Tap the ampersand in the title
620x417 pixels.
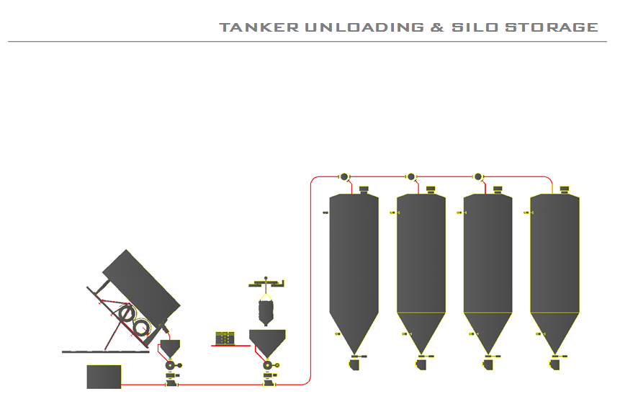coord(437,27)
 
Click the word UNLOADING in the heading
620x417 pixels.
coord(364,27)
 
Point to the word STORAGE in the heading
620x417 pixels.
coord(552,27)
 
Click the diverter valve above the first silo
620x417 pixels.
coord(343,176)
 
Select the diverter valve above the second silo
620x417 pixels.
coord(411,176)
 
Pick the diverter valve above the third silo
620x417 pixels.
coord(477,176)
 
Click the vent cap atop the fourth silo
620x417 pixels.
coord(565,189)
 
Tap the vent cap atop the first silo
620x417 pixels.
coord(364,189)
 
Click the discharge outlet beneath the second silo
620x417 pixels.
coord(421,364)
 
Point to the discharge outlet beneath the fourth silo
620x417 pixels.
coord(554,364)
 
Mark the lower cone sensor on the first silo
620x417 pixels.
coord(337,333)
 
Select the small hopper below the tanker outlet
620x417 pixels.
coord(171,348)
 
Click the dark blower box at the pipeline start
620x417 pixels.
coord(104,377)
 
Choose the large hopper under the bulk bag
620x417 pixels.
coord(267,341)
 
